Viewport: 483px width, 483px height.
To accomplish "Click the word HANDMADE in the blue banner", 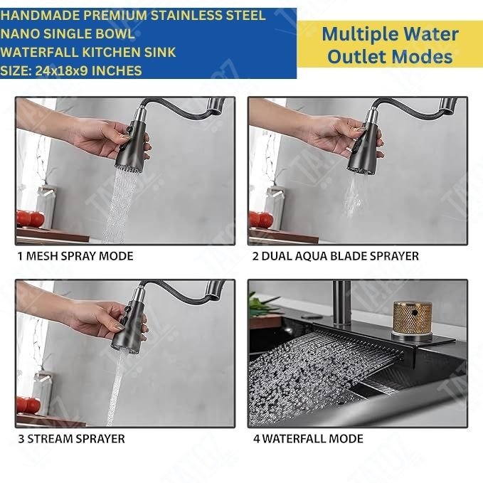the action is (x=40, y=16).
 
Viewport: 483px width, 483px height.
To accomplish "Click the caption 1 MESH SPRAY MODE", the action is (x=75, y=256).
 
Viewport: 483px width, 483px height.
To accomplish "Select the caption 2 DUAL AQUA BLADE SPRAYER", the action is (x=336, y=256).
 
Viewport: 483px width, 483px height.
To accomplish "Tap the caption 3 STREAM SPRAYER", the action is (x=71, y=439).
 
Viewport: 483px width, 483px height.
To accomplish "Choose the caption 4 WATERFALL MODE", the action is (x=308, y=439).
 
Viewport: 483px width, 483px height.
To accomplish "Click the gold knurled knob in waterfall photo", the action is (x=412, y=318).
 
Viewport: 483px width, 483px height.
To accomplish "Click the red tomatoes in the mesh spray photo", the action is (x=30, y=218).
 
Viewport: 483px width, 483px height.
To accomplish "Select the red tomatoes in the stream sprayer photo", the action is (x=28, y=405).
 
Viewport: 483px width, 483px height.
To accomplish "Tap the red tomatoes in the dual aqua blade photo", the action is (x=261, y=219).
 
